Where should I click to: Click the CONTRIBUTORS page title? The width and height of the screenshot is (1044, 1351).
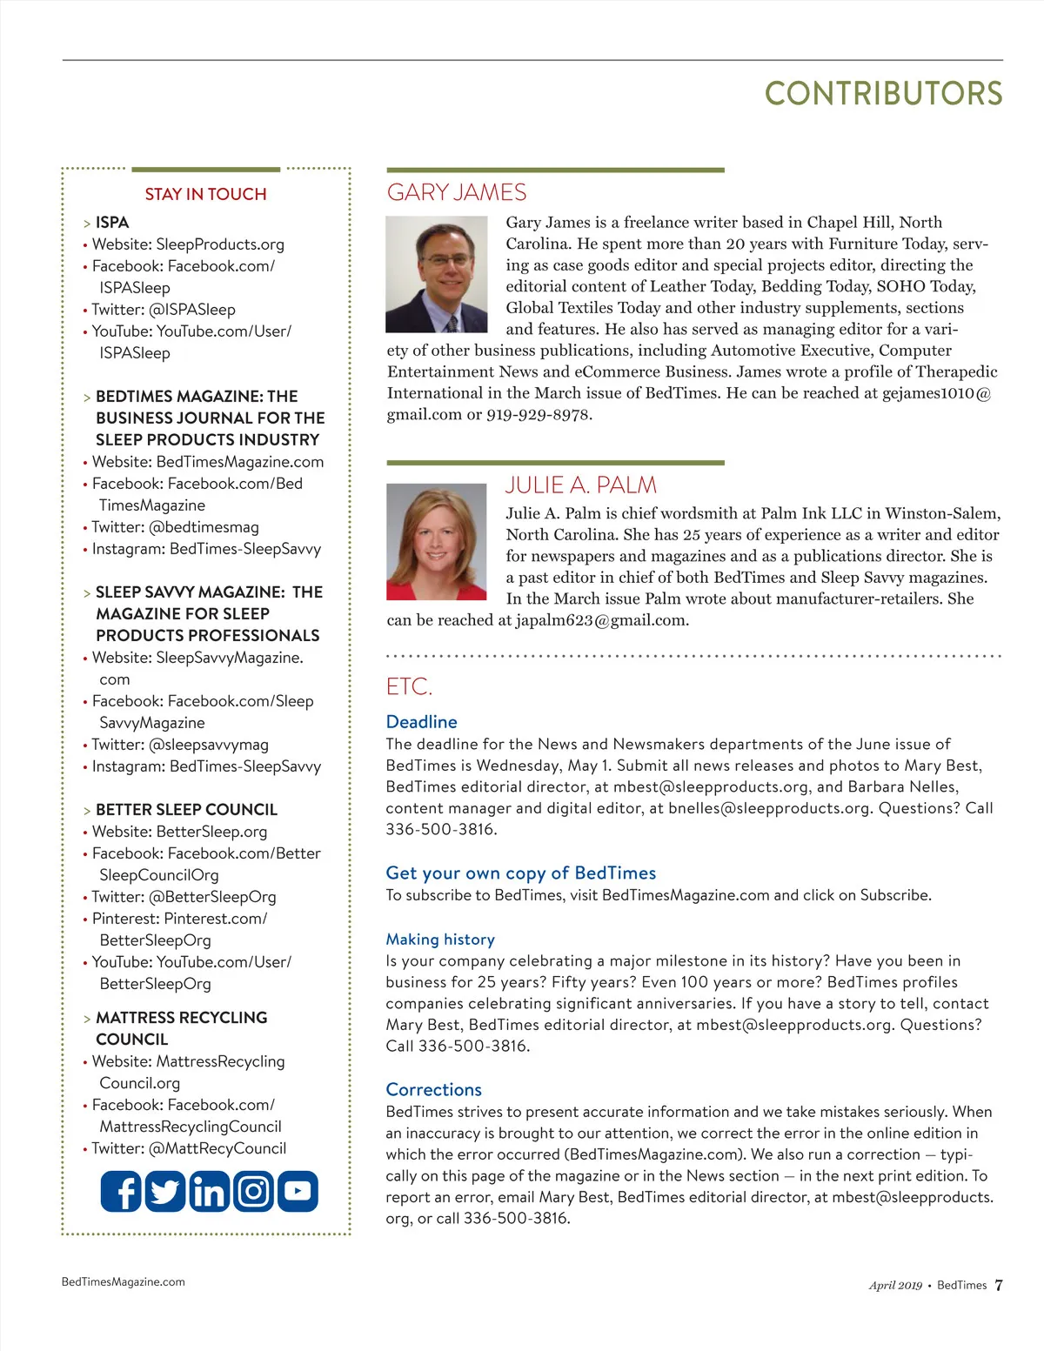tap(883, 94)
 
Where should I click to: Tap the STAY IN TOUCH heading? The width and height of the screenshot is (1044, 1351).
tap(205, 194)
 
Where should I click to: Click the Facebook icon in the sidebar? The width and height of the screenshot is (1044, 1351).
tap(121, 1191)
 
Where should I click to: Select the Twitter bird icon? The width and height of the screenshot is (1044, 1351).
tap(164, 1191)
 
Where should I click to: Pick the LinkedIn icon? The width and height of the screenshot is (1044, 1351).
tap(209, 1191)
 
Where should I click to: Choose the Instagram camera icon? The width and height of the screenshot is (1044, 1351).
tap(253, 1191)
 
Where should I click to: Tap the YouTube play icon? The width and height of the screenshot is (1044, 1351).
tap(298, 1191)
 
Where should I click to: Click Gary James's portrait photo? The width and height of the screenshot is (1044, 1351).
tap(437, 274)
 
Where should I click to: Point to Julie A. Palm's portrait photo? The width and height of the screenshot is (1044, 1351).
tap(437, 541)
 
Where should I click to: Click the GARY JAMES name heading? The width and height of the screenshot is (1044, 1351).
tap(457, 192)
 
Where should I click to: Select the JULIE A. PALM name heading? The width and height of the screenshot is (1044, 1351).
tap(581, 485)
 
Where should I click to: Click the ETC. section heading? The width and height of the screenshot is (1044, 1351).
tap(409, 686)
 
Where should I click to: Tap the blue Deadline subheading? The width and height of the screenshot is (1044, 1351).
tap(421, 721)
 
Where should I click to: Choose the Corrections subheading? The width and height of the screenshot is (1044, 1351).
tap(433, 1089)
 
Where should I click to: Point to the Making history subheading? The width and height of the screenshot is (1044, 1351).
tap(440, 939)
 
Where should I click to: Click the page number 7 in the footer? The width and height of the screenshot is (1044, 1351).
tap(999, 1285)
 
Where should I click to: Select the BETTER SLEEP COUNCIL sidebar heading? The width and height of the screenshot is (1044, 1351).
tap(186, 809)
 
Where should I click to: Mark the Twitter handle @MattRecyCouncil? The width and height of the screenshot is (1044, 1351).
tap(217, 1148)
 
